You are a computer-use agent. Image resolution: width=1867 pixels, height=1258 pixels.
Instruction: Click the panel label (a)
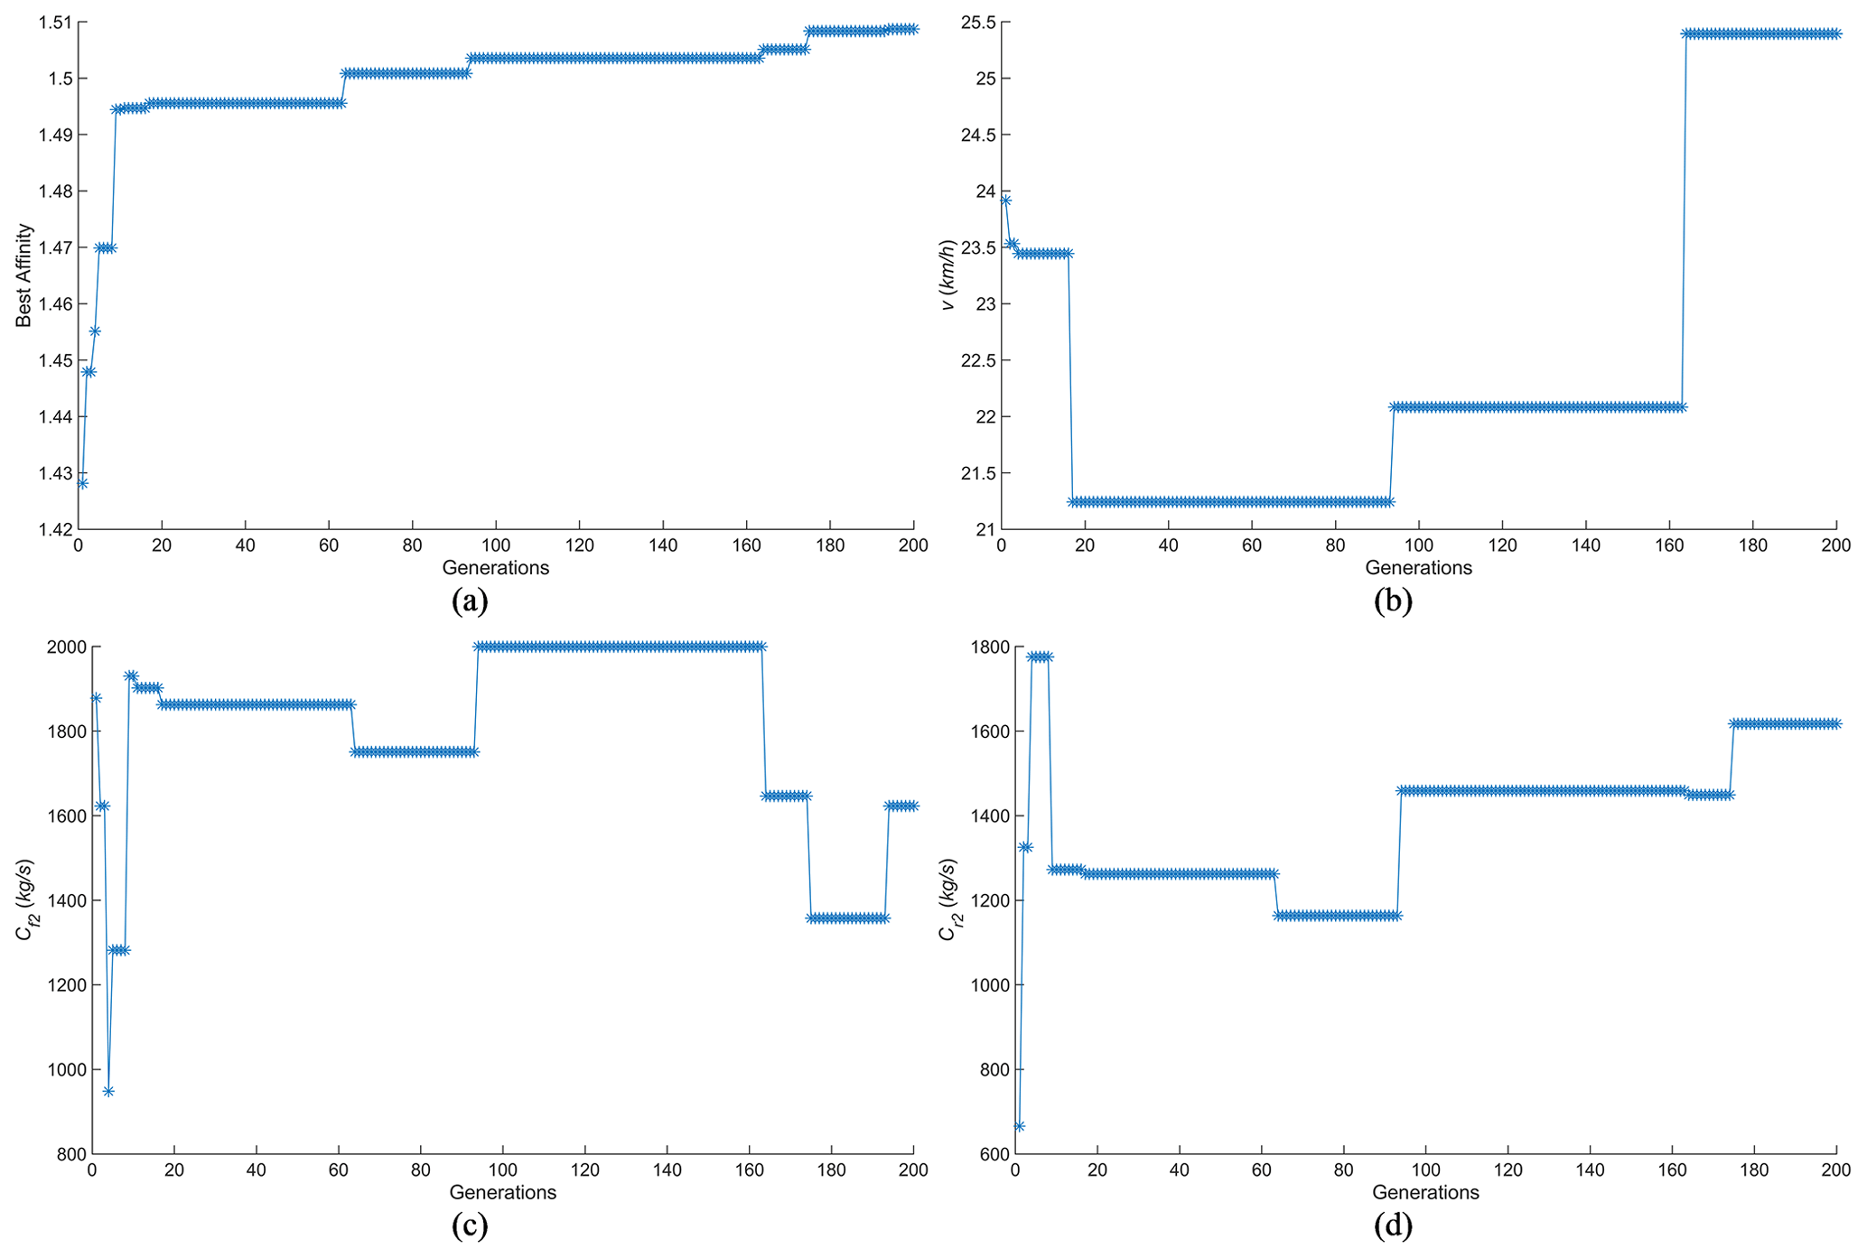coord(470,601)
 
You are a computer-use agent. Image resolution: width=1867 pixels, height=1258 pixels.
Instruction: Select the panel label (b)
coord(1392,601)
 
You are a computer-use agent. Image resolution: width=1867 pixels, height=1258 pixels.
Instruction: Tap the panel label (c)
coord(470,1225)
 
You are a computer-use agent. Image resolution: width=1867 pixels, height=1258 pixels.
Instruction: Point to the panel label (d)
coord(1392,1225)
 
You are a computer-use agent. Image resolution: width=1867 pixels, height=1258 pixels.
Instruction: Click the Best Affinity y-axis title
coord(24,275)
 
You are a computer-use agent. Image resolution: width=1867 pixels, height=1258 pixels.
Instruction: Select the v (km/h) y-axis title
coord(948,275)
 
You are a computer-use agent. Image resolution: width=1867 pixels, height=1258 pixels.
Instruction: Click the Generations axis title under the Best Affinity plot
coord(495,568)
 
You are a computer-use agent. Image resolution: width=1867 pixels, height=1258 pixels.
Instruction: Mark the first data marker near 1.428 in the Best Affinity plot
coord(82,483)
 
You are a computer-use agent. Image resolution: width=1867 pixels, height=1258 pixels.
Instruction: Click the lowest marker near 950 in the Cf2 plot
coord(108,1091)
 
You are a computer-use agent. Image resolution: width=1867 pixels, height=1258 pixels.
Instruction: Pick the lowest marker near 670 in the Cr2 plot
coord(1019,1126)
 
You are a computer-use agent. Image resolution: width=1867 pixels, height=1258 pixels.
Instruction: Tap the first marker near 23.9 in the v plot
coord(1005,200)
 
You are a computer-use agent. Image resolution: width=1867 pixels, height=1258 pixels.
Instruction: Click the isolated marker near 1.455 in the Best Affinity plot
coord(95,331)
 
